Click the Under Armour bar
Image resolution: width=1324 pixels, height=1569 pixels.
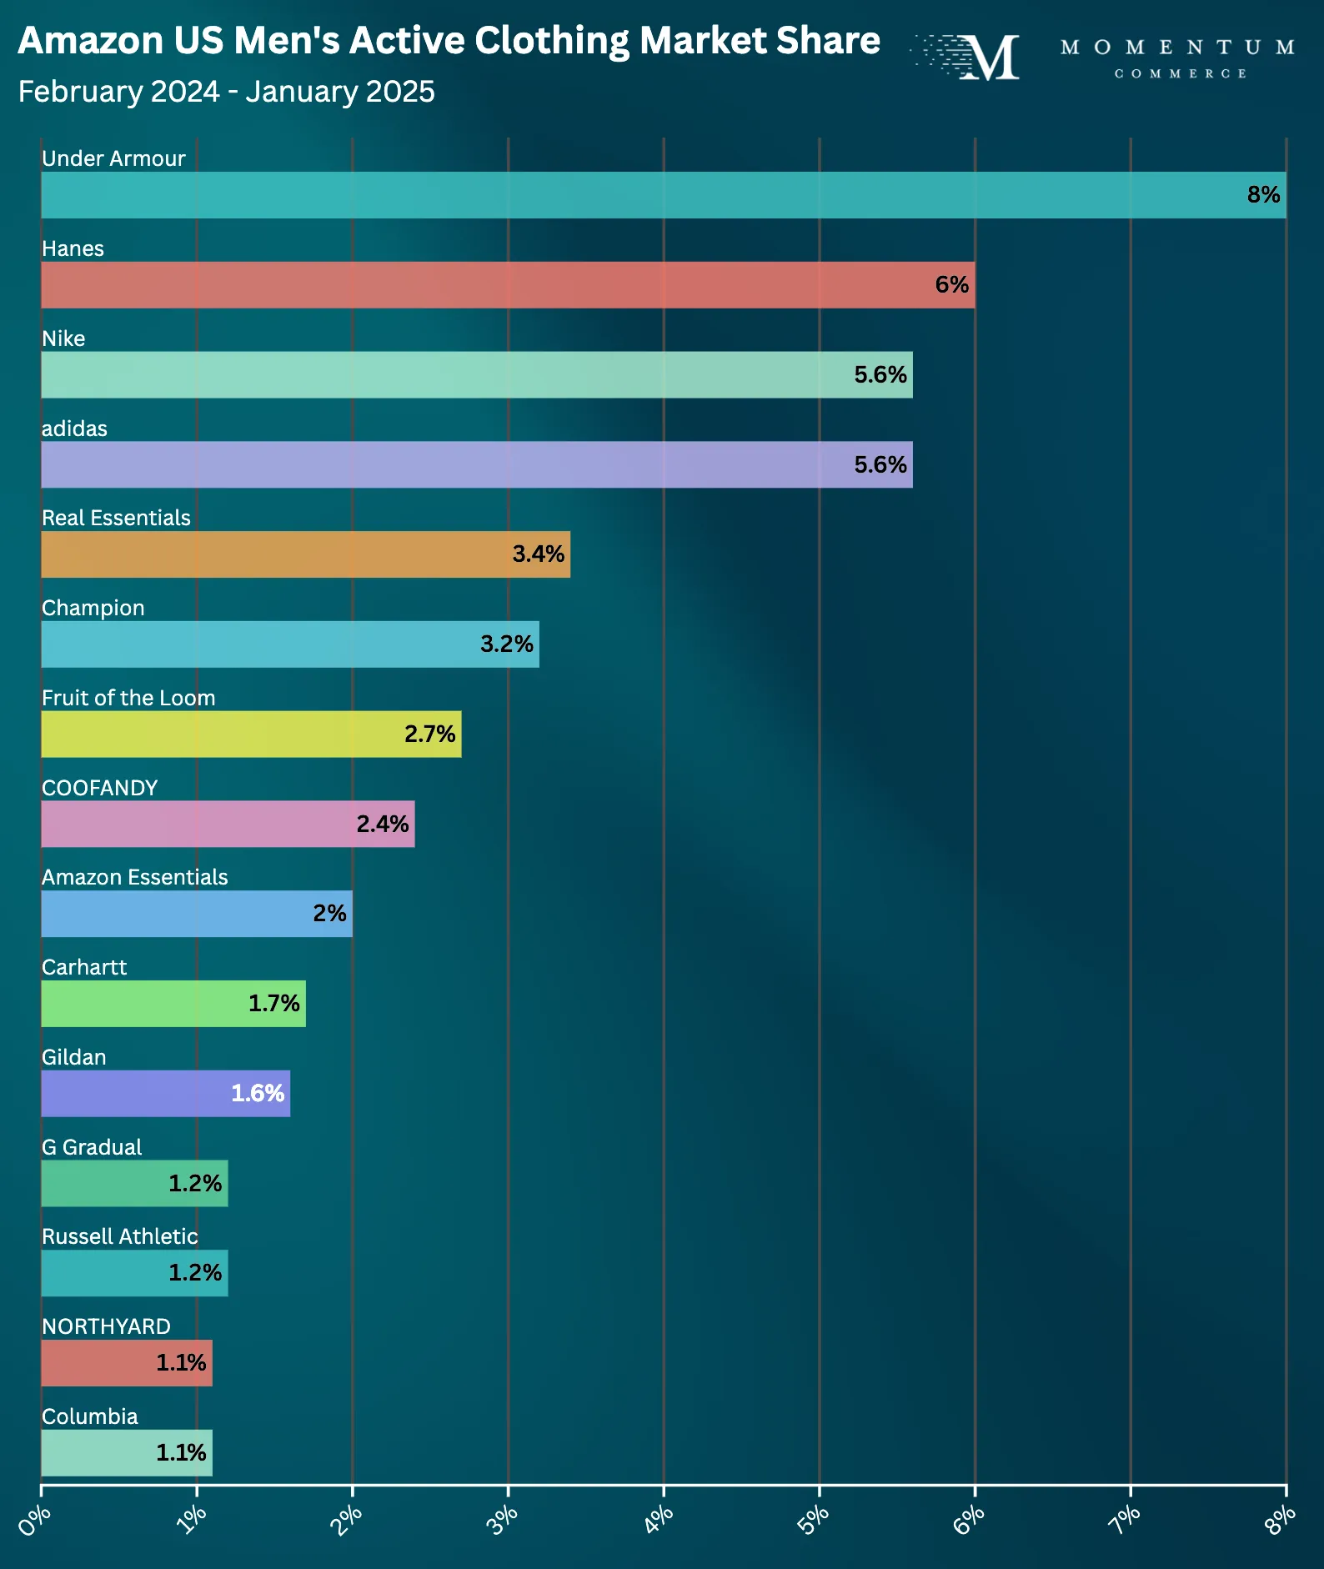[x=664, y=195]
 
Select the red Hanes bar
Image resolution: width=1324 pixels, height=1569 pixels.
[x=508, y=285]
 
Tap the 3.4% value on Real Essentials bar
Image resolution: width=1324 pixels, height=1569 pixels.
[x=538, y=554]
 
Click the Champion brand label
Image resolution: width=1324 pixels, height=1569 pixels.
[x=93, y=609]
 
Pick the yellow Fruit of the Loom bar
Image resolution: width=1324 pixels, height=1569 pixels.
[x=251, y=734]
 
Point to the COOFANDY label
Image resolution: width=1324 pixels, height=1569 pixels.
[x=100, y=788]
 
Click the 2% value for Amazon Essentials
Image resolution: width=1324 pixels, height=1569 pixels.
[x=329, y=914]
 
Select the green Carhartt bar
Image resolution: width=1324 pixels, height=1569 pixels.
[x=173, y=1004]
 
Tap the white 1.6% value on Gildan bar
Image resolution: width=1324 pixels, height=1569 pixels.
[x=258, y=1093]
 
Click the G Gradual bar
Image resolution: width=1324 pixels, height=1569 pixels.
[x=134, y=1184]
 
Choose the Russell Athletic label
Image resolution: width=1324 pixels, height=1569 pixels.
[x=120, y=1236]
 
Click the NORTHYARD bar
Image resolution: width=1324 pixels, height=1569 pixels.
[x=127, y=1363]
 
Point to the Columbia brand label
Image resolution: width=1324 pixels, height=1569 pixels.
[x=90, y=1416]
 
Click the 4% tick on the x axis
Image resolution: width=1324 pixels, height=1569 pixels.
[x=664, y=1490]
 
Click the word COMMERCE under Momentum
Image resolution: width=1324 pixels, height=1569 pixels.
[x=1181, y=74]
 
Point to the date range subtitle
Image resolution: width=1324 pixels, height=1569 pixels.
[x=227, y=92]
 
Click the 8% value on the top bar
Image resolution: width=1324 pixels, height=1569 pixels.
[x=1263, y=195]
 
